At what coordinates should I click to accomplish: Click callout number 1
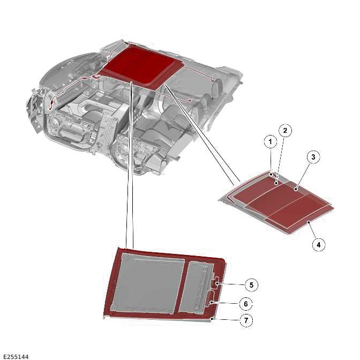270,142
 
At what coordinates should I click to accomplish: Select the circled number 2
285,131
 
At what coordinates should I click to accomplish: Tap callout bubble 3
313,157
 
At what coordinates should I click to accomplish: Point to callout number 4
318,245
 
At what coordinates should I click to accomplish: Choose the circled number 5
251,285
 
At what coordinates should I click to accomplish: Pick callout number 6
246,304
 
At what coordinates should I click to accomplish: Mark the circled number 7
246,320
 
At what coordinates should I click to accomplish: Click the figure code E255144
16,357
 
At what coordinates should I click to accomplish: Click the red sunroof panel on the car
140,65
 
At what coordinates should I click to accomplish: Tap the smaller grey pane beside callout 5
196,288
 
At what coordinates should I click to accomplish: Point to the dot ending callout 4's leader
309,222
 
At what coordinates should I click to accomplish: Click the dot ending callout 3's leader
296,190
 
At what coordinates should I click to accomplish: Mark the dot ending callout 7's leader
213,319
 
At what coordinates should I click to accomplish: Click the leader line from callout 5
231,284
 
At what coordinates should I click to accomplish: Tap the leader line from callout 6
225,303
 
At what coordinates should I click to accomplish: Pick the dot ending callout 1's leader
272,175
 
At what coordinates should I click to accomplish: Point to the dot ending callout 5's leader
217,284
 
